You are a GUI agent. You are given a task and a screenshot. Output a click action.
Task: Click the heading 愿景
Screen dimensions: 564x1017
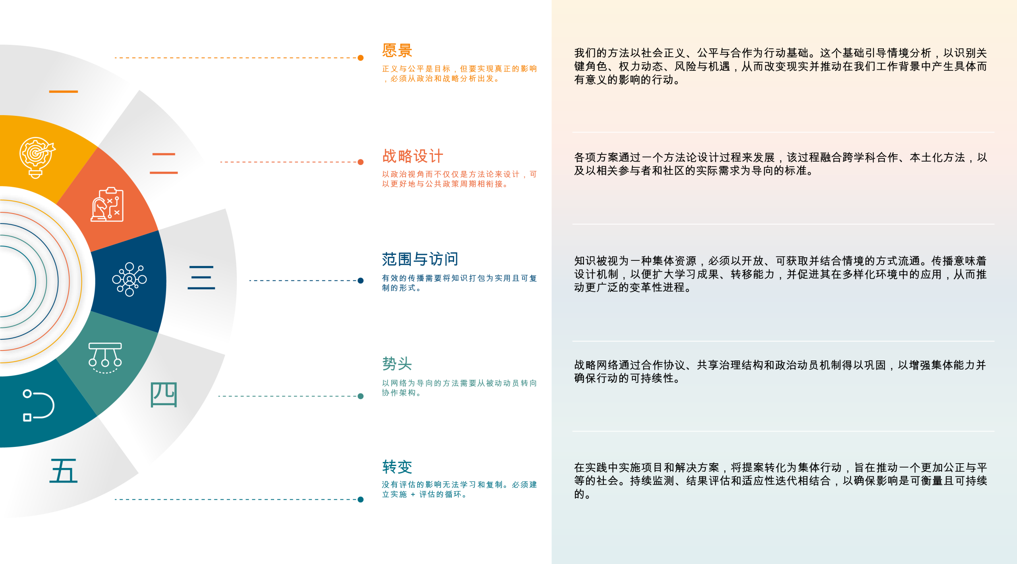397,51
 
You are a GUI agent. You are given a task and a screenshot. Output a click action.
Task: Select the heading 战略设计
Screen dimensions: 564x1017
412,156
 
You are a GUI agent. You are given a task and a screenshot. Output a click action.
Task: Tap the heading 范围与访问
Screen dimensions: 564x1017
420,259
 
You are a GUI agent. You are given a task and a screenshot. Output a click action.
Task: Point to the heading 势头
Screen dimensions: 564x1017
397,364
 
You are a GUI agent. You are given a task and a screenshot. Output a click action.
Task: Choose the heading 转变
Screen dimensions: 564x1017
397,467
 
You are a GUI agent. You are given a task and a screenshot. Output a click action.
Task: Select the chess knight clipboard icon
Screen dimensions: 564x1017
107,205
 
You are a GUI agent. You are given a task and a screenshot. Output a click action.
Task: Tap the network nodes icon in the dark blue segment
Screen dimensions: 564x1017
130,279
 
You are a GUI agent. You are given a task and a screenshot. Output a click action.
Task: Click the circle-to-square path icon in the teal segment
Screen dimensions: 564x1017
38,405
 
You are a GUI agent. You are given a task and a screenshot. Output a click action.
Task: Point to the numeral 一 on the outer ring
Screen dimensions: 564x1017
63,92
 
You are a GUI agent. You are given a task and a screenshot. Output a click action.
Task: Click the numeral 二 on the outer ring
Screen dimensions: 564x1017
164,163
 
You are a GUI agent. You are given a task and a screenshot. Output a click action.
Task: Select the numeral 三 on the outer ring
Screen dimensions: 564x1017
201,277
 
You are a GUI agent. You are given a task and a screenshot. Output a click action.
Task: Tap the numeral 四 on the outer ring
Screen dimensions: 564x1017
164,395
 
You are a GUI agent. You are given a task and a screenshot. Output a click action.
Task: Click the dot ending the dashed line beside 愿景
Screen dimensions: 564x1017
361,58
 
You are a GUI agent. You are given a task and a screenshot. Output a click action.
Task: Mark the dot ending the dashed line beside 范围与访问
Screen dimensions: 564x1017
361,281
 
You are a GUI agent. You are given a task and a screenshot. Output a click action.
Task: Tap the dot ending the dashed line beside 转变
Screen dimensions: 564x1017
361,499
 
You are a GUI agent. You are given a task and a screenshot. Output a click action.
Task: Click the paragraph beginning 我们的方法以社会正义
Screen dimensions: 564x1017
780,66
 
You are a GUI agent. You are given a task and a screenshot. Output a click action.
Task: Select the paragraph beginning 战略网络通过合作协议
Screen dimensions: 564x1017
780,372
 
